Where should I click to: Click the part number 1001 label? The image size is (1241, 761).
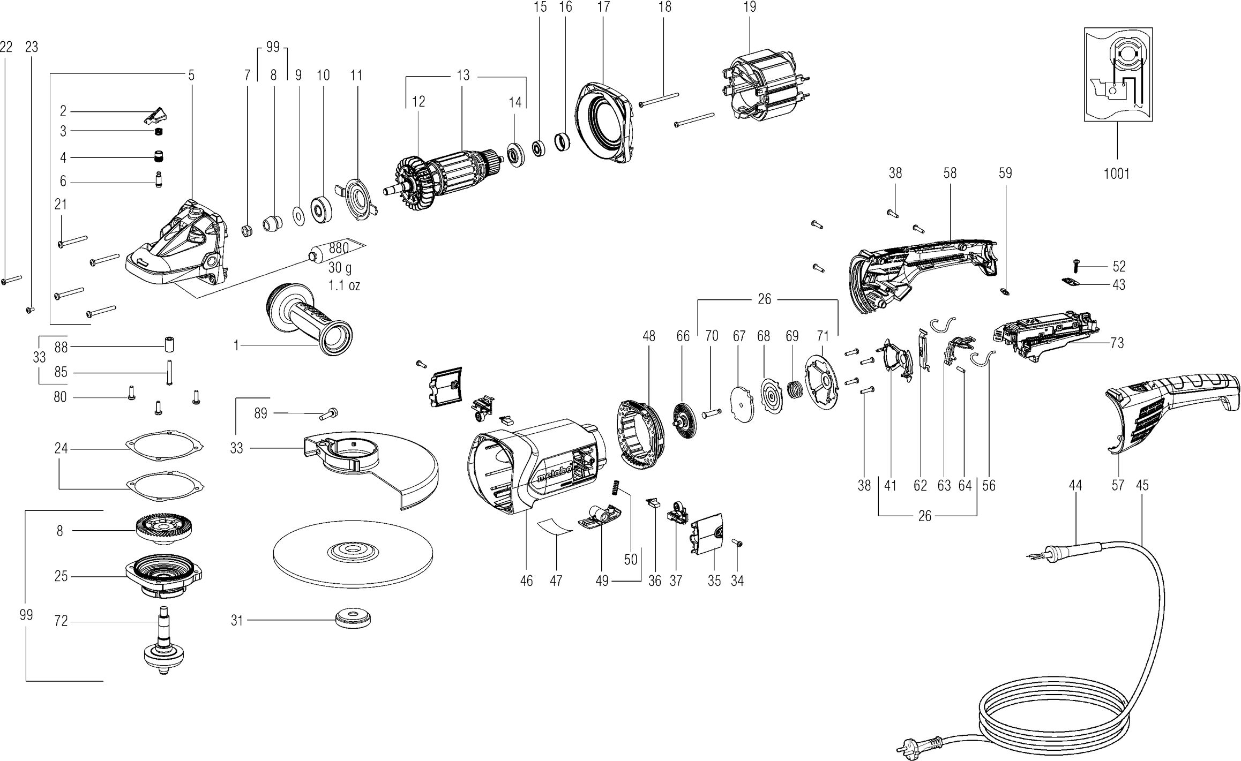coord(1117,174)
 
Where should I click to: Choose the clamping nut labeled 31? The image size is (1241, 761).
coord(353,619)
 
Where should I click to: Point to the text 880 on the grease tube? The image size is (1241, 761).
coord(339,248)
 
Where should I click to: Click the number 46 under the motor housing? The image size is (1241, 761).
coord(526,581)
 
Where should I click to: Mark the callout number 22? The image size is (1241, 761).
coord(6,47)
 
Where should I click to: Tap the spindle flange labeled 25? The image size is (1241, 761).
coord(163,576)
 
